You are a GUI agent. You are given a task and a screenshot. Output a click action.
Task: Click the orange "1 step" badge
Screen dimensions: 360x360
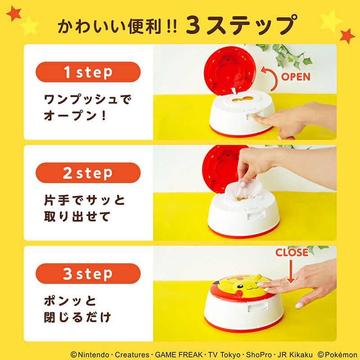88,72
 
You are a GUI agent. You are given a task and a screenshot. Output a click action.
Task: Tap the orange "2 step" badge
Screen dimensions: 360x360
88,173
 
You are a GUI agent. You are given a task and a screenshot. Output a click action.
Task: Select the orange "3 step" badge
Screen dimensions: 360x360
88,274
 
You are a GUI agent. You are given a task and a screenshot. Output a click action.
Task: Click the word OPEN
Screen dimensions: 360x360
296,77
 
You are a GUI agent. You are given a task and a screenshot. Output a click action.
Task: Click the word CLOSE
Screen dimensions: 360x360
292,252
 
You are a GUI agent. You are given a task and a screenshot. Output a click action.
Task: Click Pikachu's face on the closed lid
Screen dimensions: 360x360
244,286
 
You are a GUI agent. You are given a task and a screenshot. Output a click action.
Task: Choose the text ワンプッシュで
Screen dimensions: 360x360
88,99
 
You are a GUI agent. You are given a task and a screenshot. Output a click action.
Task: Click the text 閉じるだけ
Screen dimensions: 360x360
77,317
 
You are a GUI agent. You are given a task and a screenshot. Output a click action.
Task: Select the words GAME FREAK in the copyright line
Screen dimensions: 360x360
179,355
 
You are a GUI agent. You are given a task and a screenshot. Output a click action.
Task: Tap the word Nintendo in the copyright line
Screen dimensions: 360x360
94,355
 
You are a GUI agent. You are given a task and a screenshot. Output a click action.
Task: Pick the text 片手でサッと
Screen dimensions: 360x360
84,200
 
